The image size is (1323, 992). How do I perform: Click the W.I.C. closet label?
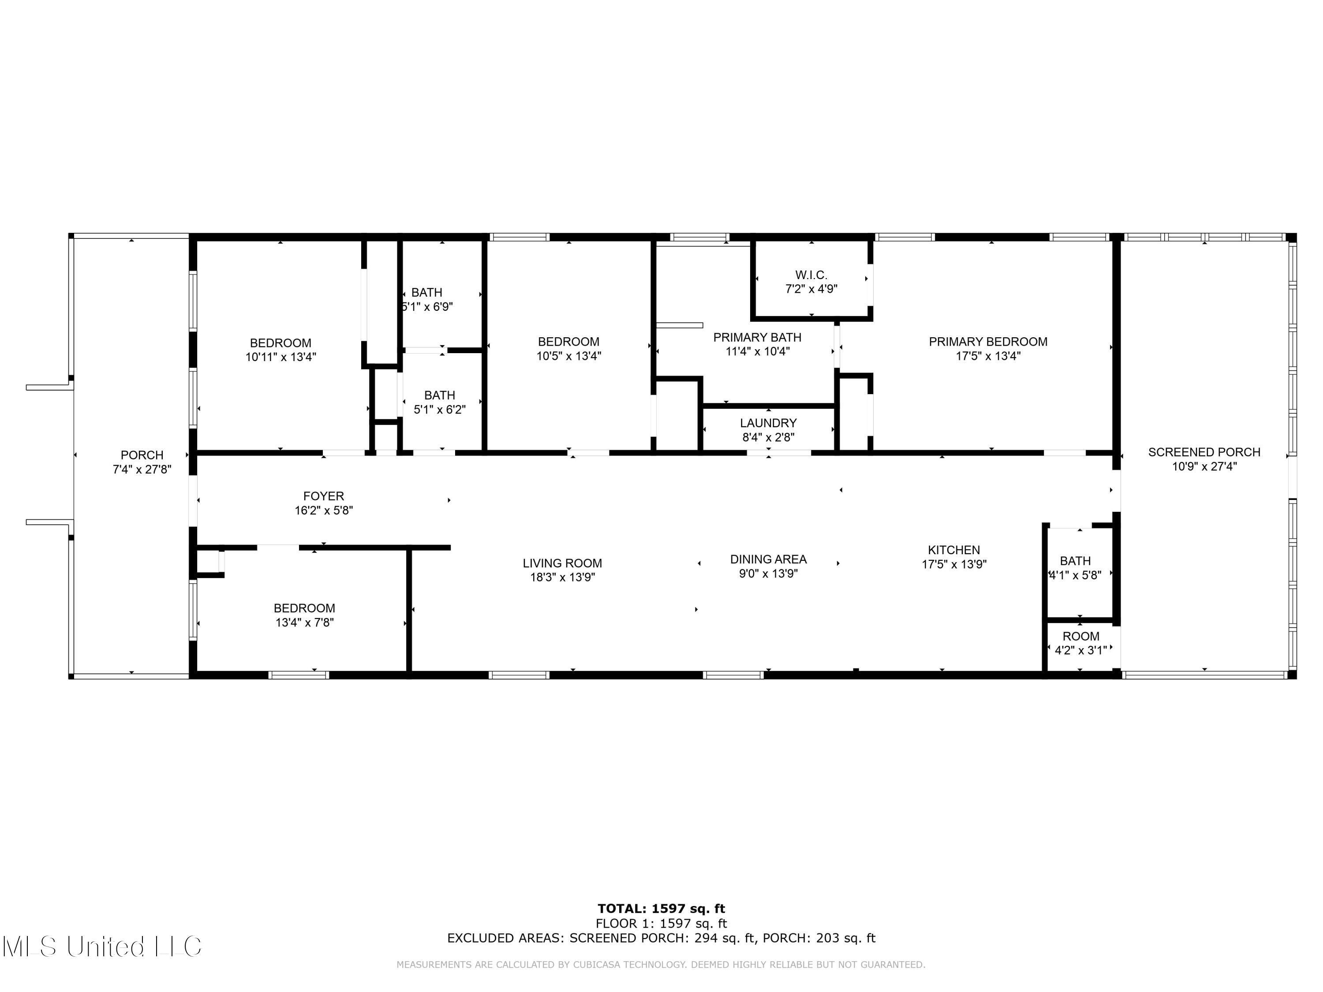811,275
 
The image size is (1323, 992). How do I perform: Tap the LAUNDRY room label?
768,423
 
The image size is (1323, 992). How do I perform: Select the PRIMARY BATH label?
757,337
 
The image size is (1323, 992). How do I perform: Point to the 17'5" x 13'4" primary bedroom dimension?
987,356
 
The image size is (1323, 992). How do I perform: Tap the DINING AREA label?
768,559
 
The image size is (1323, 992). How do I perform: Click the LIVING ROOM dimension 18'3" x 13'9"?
562,578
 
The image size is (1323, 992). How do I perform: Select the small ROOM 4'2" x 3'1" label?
1081,636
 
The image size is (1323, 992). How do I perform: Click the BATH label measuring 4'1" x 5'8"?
1075,561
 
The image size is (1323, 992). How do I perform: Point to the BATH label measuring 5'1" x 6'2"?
440,395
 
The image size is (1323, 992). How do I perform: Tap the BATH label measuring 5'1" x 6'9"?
426,292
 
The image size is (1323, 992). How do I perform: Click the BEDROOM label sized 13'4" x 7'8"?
304,608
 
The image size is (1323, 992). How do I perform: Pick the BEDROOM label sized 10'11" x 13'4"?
280,343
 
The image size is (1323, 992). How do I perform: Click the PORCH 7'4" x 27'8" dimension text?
142,470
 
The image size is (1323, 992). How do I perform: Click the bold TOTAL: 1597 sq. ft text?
661,909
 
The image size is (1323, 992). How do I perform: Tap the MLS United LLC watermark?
102,947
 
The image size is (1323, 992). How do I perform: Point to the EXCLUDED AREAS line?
661,938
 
